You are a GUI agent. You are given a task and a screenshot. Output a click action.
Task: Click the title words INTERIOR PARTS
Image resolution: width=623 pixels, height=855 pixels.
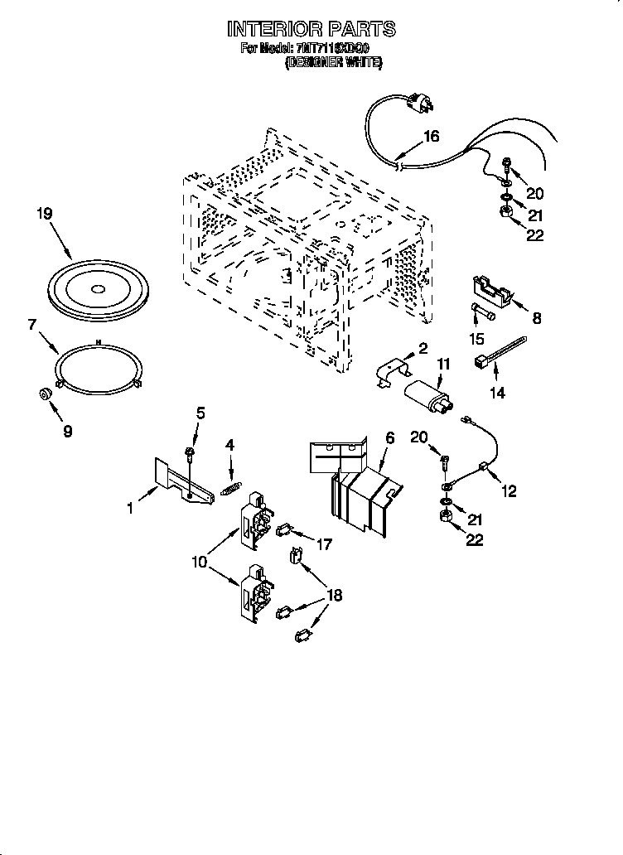tap(311, 29)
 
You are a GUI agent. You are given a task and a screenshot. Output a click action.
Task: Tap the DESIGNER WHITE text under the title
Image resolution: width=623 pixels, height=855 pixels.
tap(333, 61)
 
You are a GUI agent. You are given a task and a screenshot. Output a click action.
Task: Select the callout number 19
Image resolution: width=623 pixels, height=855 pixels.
tap(45, 213)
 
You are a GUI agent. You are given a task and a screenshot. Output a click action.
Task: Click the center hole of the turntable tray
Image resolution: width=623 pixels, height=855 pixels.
tap(97, 289)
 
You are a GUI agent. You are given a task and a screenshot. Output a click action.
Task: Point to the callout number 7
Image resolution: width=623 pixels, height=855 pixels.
tap(32, 325)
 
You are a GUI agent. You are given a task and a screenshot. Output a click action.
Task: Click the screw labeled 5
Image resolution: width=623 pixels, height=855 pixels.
tap(190, 452)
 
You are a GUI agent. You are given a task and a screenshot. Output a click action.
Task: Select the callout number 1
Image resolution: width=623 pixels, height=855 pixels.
tap(130, 509)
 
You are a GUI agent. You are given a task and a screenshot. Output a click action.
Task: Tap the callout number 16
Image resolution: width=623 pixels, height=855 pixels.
tap(431, 137)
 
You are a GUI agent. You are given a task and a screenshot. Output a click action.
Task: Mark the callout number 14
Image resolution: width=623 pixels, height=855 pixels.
tap(497, 394)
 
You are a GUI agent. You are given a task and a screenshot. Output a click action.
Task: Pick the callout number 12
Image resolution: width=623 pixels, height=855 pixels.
tap(509, 491)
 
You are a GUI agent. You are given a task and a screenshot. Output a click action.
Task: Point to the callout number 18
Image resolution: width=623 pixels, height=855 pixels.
tap(336, 595)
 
